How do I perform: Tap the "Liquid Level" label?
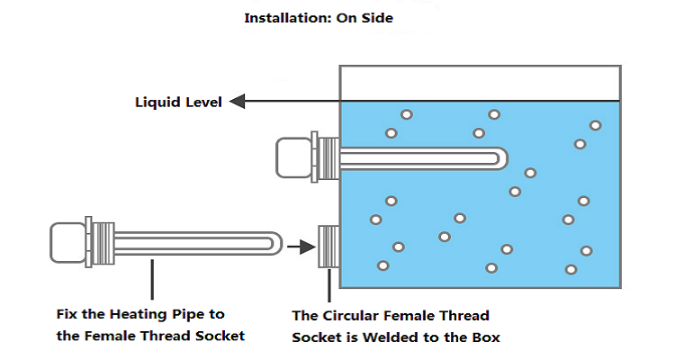(x=178, y=102)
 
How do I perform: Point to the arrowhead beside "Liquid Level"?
(x=238, y=102)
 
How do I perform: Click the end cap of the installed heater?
(x=292, y=156)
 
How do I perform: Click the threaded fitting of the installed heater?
(x=325, y=156)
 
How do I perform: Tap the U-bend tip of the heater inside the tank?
(x=498, y=158)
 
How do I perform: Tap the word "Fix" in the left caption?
(x=67, y=314)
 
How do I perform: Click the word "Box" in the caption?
(x=485, y=337)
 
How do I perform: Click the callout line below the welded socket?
(x=329, y=284)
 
